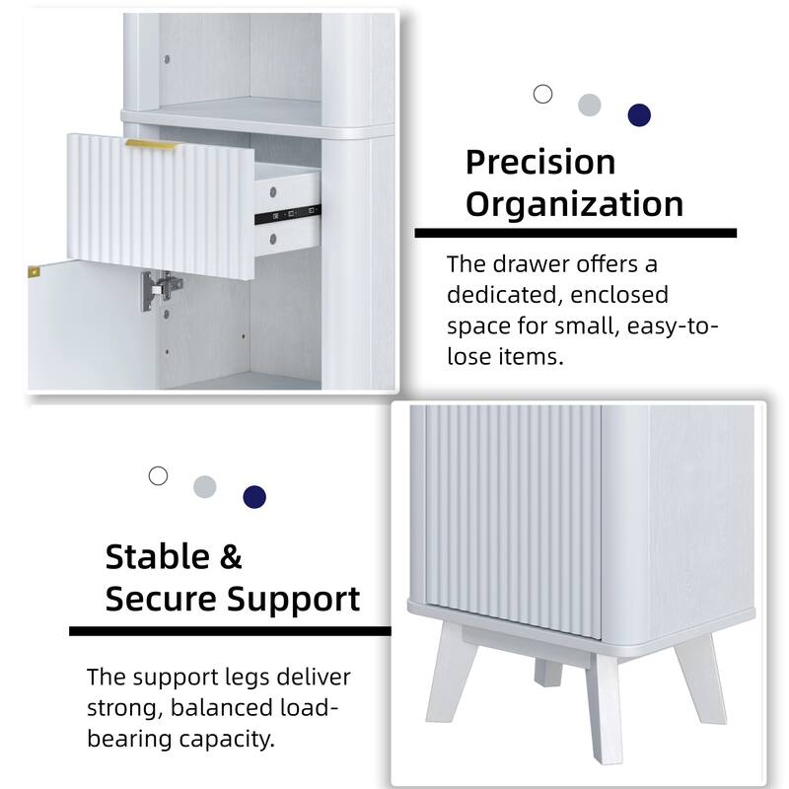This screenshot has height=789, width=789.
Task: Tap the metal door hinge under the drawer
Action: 161,287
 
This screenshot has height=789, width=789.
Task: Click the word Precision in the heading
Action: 540,162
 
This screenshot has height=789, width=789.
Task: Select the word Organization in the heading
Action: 574,204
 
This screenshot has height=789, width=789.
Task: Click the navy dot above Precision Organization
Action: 639,114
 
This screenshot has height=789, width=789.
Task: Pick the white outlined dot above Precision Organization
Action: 542,94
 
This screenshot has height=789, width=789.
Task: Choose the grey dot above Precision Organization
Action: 590,105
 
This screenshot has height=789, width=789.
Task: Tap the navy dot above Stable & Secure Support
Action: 254,496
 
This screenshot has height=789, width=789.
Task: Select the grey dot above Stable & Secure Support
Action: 204,486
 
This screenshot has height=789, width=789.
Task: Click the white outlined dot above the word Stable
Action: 158,475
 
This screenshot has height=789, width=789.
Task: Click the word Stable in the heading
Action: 158,557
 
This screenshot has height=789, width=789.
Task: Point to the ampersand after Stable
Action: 231,557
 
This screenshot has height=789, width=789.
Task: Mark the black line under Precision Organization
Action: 575,234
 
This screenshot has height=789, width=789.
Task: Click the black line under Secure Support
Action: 230,630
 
